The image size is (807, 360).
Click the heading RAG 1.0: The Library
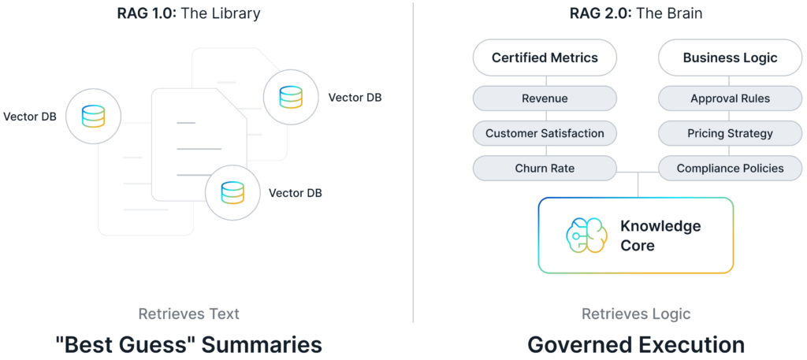pos(188,14)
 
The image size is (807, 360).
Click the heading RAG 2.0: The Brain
pos(636,14)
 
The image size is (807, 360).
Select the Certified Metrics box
pos(545,58)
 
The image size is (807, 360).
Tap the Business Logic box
pos(730,58)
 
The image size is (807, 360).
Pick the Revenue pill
pos(545,99)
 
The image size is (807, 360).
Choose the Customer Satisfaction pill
pos(545,133)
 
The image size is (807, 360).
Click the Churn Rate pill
pos(545,168)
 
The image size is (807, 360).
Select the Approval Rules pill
pos(730,99)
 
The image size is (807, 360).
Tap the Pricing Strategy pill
pos(730,133)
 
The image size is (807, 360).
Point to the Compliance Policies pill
pos(730,168)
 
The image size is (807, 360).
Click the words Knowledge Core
pos(660,236)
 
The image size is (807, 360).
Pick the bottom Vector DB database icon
pos(232,191)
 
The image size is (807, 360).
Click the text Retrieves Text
pos(188,314)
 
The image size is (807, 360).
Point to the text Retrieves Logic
pos(636,314)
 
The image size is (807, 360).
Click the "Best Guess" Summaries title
pos(188,344)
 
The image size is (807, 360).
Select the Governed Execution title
pos(636,344)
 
